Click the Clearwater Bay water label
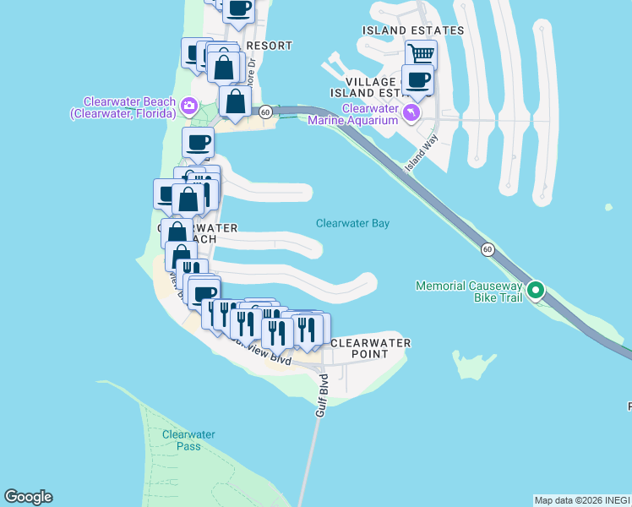(x=352, y=223)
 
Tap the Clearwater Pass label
(x=188, y=439)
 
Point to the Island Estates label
(x=413, y=30)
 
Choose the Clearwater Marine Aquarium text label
(x=369, y=114)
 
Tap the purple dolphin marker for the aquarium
(x=411, y=113)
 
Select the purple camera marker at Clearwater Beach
(x=188, y=106)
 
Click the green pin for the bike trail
(x=535, y=292)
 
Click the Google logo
(x=28, y=497)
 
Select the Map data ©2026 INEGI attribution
(x=582, y=500)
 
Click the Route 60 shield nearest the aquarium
(x=264, y=112)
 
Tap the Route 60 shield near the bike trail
(x=488, y=249)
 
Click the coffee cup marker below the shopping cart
(x=417, y=81)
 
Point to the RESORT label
(x=269, y=46)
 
